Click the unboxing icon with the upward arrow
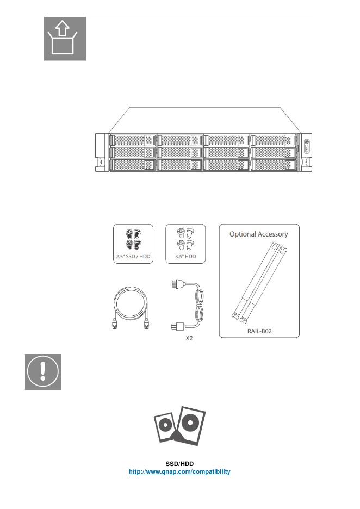tap(65, 39)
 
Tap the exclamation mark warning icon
tap(43, 372)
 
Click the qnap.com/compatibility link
tap(179, 471)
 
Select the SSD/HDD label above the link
tap(179, 464)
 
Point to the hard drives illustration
tap(179, 425)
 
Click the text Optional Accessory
tap(259, 234)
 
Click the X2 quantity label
tap(189, 338)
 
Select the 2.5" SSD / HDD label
tap(133, 256)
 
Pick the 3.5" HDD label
tap(185, 256)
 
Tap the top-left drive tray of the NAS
tap(132, 140)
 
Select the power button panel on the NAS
tap(307, 145)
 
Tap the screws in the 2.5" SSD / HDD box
tap(133, 239)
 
